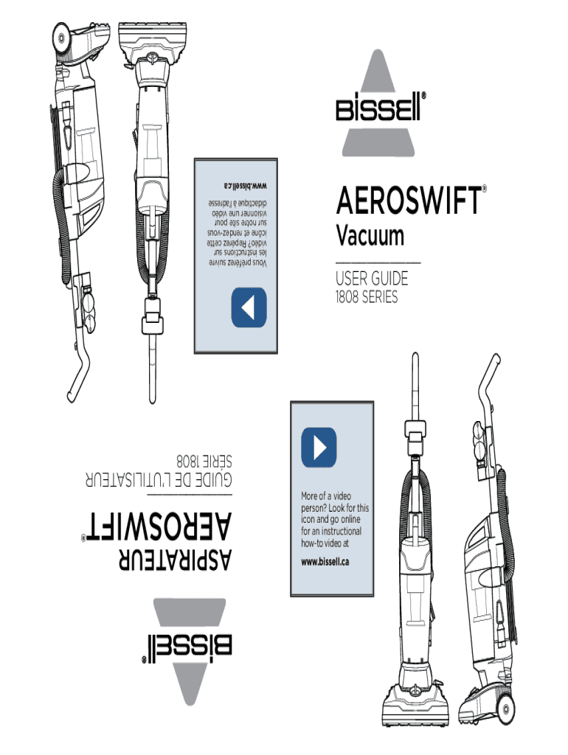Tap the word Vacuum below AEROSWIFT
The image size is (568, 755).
pyautogui.click(x=370, y=236)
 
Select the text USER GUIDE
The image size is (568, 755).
pyautogui.click(x=372, y=280)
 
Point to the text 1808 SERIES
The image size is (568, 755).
pyautogui.click(x=367, y=297)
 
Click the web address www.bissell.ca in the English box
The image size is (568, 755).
pyautogui.click(x=325, y=561)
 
